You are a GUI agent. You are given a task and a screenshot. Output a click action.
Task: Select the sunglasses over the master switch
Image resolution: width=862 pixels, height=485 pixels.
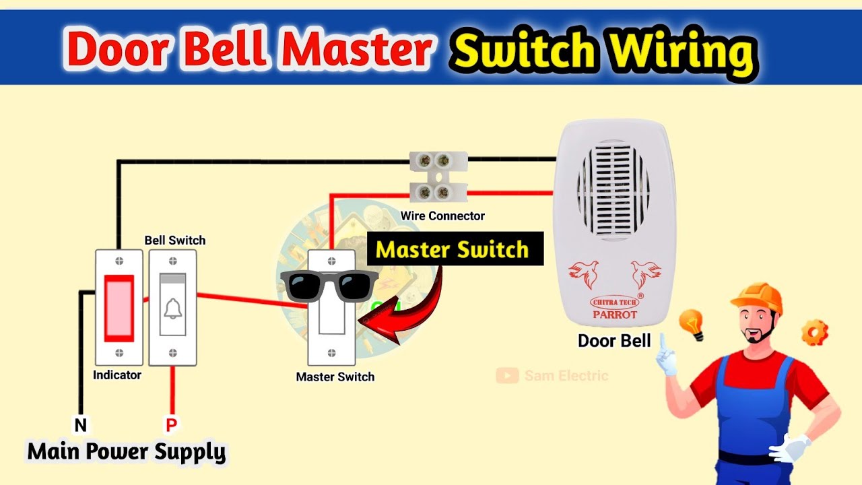(x=328, y=284)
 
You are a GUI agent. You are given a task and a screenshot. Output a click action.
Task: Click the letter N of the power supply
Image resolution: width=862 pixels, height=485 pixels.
(x=80, y=425)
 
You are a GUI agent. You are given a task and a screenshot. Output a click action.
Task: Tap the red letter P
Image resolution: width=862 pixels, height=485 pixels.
(x=172, y=425)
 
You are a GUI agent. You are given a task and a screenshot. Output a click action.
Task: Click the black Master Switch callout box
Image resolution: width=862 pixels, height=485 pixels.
(x=455, y=249)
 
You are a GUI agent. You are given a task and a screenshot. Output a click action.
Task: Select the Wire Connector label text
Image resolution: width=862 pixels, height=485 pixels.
(x=442, y=216)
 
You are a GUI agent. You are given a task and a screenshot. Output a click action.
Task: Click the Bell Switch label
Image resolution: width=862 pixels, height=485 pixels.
(x=175, y=240)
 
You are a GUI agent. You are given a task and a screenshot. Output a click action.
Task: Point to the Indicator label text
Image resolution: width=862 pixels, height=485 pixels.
(x=117, y=375)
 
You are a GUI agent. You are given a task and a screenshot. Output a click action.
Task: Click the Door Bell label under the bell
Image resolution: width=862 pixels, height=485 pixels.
(x=614, y=340)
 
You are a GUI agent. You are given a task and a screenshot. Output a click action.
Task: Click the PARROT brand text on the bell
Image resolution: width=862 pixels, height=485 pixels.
(x=614, y=314)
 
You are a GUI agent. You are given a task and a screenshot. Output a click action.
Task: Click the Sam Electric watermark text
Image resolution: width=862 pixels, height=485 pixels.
(x=566, y=376)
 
